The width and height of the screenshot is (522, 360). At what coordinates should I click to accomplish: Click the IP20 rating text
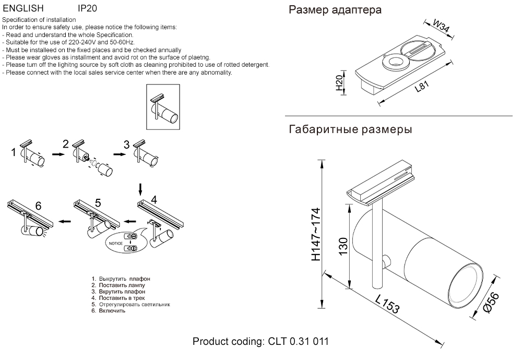point(87,9)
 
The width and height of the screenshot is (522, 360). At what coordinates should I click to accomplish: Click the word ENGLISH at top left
point(23,9)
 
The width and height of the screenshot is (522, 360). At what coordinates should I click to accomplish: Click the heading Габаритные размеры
point(350,129)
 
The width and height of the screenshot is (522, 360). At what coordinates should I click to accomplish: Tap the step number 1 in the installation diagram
point(14,152)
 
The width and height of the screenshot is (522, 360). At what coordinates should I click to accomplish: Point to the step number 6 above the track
point(38,205)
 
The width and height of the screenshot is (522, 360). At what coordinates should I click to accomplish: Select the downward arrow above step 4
point(139,188)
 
